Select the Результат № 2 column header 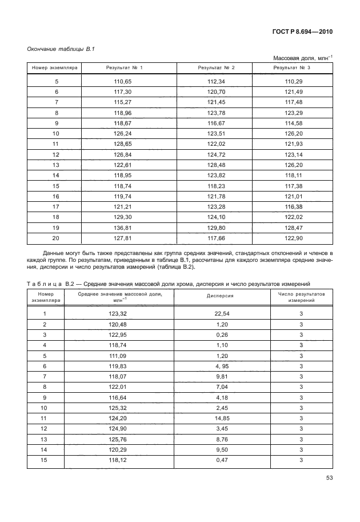(216, 68)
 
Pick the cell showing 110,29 (293, 82)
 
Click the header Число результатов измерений (301, 296)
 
